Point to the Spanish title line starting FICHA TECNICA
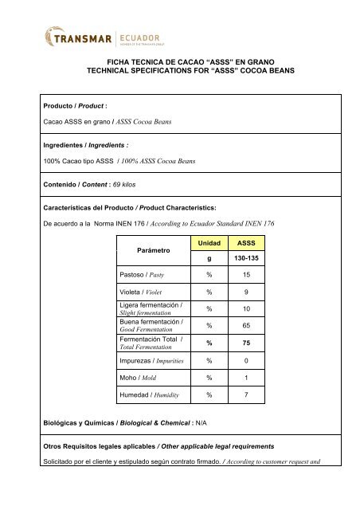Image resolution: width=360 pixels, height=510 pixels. (179, 61)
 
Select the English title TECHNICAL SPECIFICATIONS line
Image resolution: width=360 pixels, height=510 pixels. (179, 70)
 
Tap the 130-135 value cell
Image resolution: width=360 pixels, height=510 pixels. (245, 258)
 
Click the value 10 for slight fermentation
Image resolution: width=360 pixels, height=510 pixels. (245, 308)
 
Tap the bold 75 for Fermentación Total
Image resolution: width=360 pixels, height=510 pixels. (245, 343)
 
